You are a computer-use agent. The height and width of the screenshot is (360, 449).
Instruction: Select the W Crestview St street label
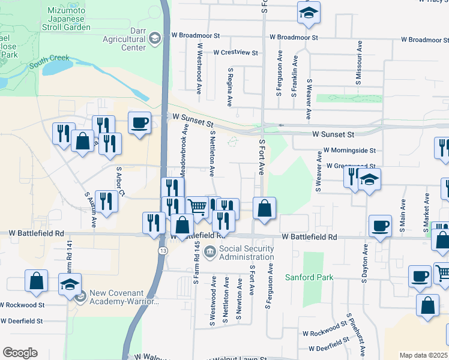pos(235,53)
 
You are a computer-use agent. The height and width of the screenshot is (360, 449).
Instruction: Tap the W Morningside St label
pos(349,151)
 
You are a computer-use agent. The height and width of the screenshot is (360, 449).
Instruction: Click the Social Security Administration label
pos(246,253)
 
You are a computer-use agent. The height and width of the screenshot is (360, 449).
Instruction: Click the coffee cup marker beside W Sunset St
pos(140,124)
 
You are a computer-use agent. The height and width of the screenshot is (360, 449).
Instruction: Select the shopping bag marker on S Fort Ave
pos(264,209)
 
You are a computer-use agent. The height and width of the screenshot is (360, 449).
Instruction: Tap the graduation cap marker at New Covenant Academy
pos(70,284)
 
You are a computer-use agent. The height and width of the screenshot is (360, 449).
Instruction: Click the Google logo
pos(20,353)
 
